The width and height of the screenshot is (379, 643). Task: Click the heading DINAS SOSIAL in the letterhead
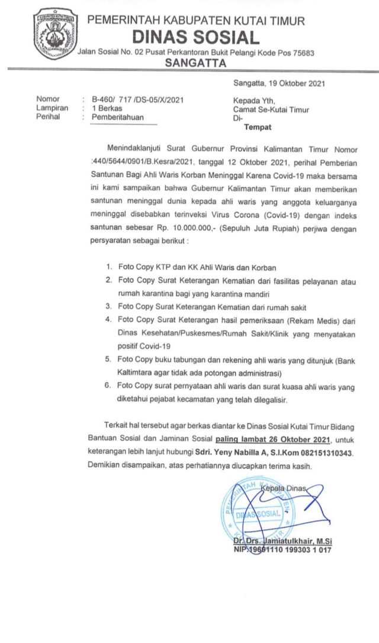(196, 38)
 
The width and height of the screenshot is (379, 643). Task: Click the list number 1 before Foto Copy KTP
(109, 268)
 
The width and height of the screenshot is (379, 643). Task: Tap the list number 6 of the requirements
(109, 386)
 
